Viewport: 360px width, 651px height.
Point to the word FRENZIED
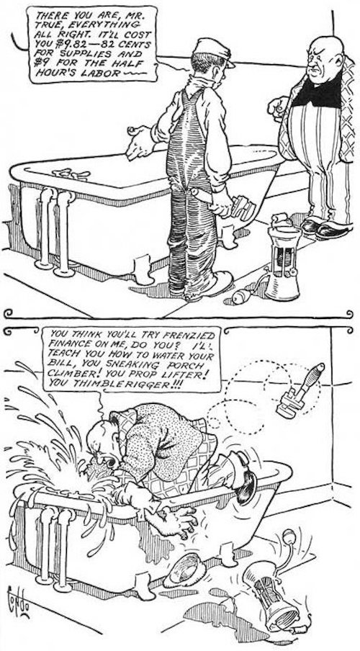coord(194,336)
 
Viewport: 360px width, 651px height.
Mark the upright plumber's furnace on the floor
coord(283,262)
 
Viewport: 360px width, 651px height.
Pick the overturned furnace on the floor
coord(271,593)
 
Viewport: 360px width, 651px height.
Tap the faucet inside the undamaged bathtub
coord(71,174)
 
